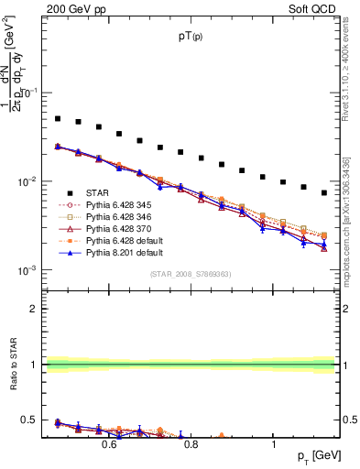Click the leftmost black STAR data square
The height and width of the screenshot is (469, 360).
click(58, 118)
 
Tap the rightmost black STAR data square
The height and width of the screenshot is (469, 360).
click(324, 192)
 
